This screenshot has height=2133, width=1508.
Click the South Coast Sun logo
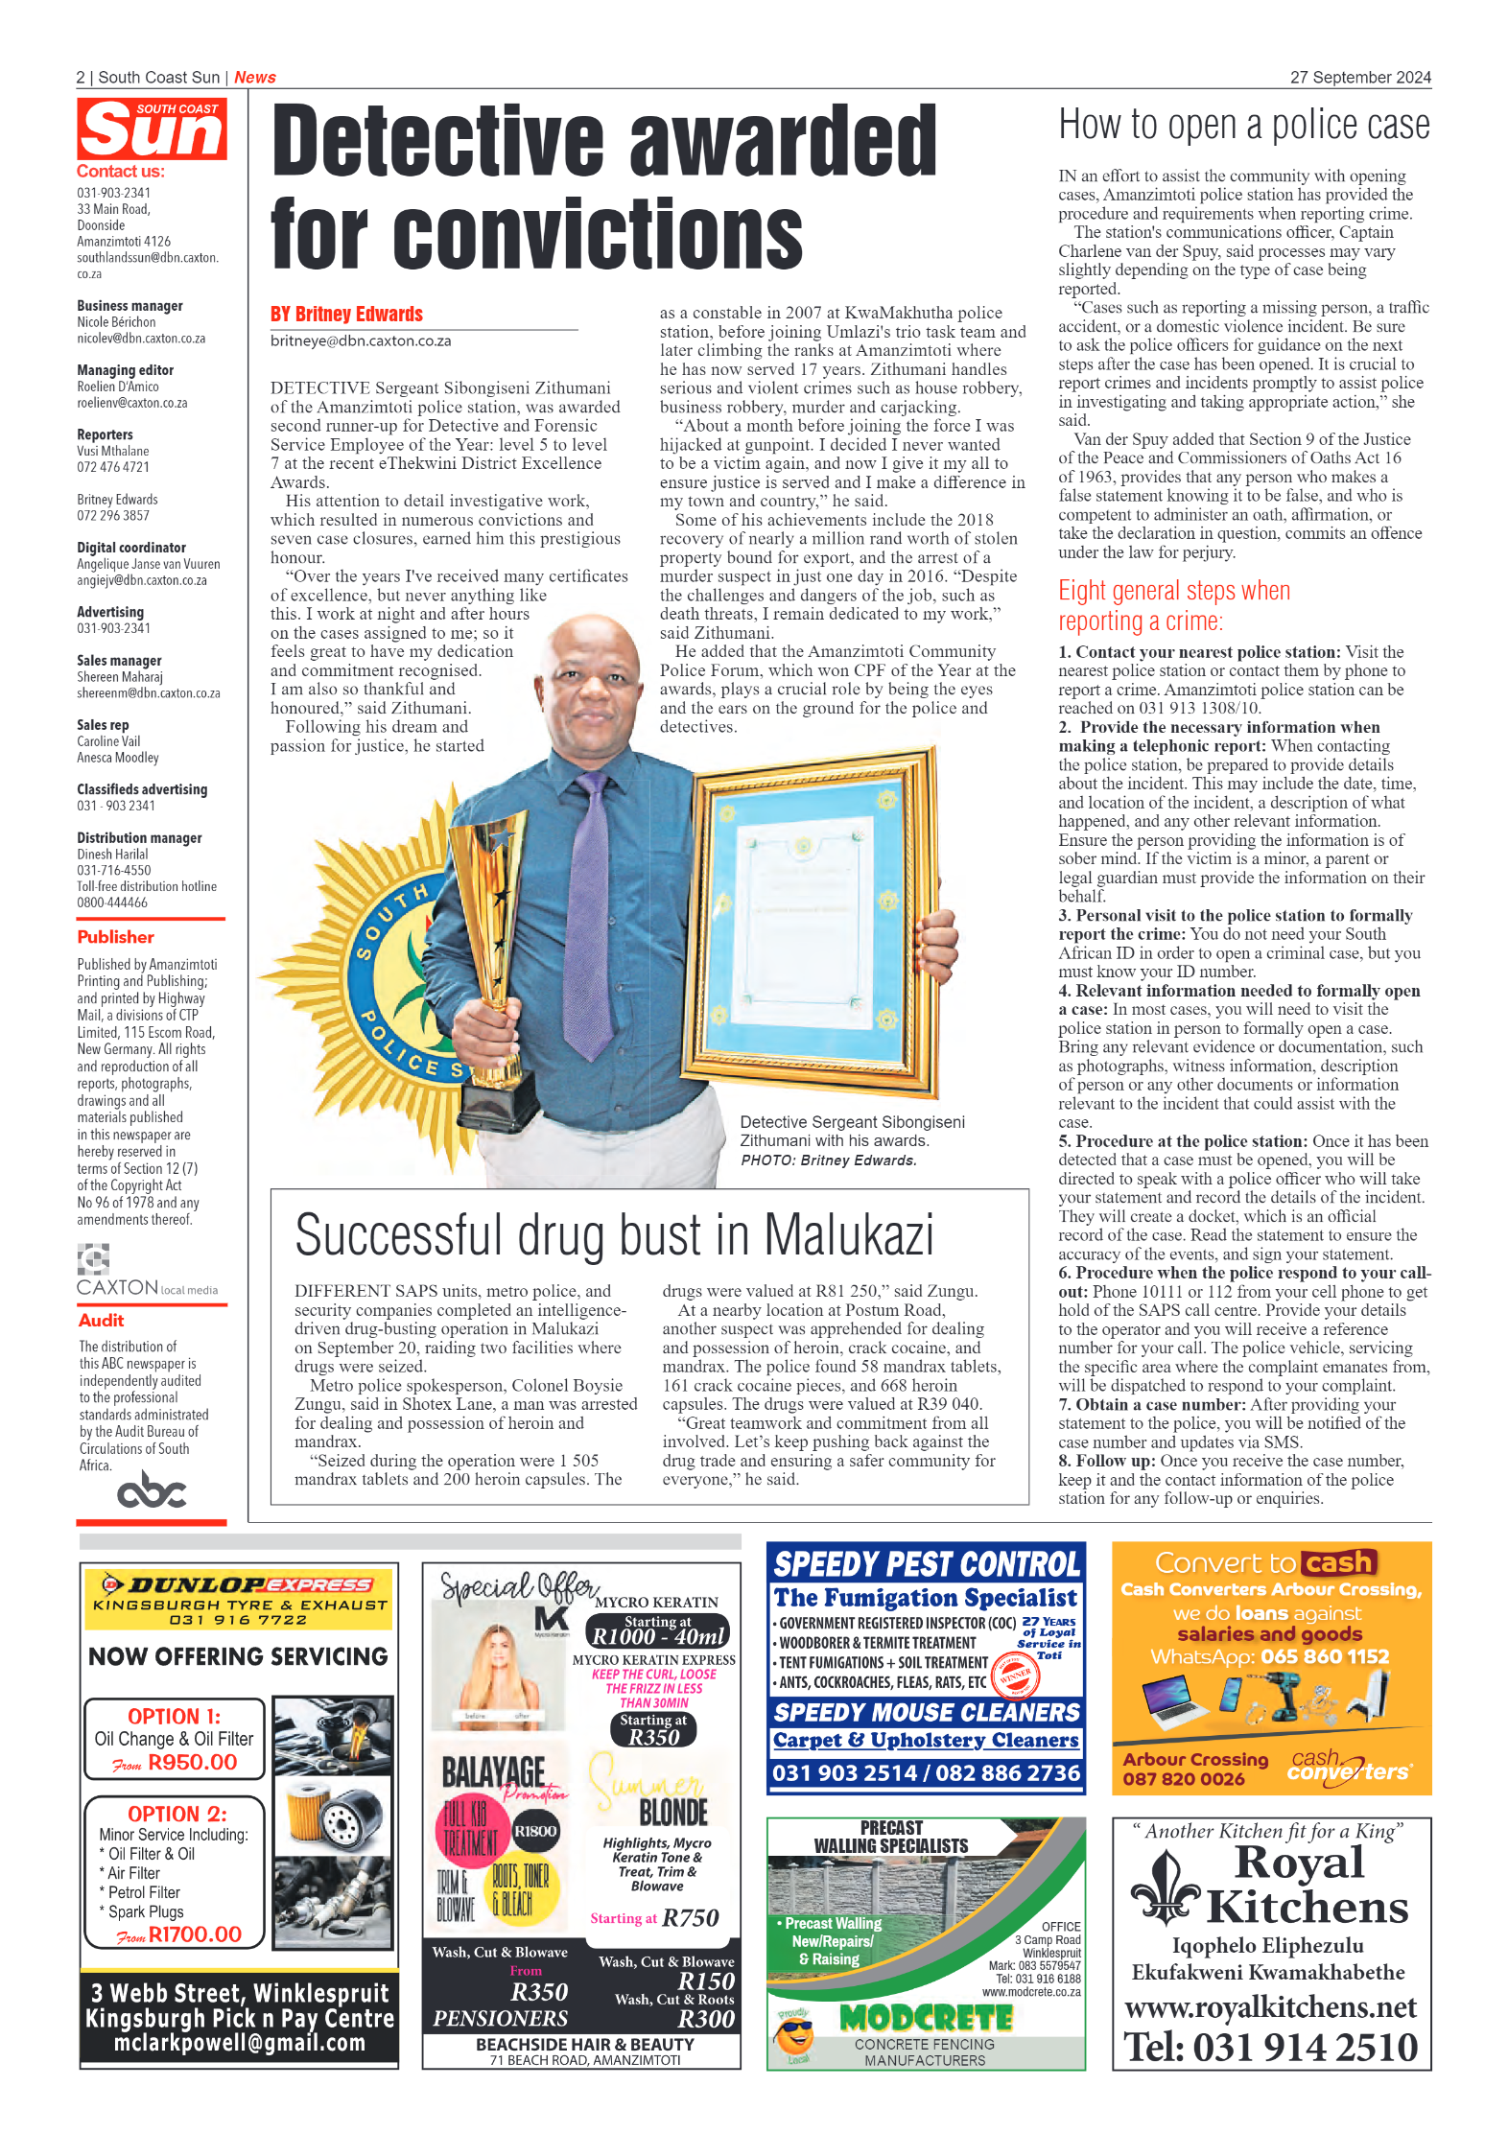(x=152, y=129)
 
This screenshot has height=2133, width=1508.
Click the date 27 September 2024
(x=1359, y=78)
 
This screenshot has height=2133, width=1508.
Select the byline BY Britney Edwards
(x=346, y=315)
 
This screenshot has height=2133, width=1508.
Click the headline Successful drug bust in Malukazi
(x=614, y=1235)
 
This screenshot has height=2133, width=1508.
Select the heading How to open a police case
(x=1243, y=126)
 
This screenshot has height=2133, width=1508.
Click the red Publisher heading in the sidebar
(x=115, y=937)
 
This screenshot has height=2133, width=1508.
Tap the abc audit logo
(x=151, y=1491)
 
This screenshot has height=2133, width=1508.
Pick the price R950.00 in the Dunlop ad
(x=192, y=1762)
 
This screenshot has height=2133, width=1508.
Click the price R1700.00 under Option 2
(x=195, y=1934)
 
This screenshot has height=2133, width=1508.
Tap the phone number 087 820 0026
(x=1184, y=1779)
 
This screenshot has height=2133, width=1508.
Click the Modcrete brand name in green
(x=926, y=2019)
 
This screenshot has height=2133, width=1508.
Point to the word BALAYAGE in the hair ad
(x=493, y=1772)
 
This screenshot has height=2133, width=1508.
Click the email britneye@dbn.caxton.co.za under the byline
(x=361, y=341)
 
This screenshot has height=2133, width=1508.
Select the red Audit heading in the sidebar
(x=102, y=1321)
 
